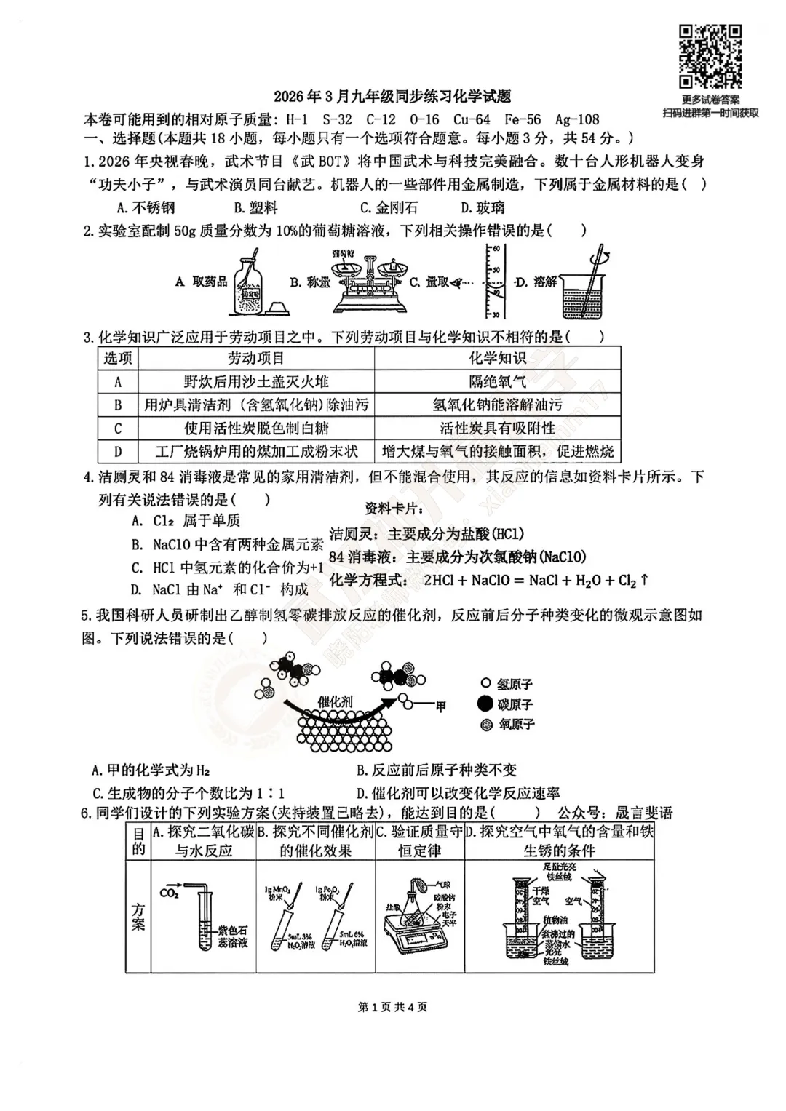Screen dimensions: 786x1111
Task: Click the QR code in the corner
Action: point(710,57)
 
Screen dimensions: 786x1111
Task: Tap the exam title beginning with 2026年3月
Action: point(392,97)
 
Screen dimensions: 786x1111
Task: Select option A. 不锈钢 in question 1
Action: point(146,207)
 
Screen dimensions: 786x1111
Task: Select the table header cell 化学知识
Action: point(497,358)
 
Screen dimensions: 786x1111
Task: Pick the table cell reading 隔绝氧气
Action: point(497,381)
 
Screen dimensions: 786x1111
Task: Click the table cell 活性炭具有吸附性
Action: point(497,428)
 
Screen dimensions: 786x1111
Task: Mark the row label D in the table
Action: point(118,451)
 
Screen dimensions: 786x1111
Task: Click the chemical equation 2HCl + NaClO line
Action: point(488,580)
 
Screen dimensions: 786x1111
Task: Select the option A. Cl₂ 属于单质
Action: point(186,520)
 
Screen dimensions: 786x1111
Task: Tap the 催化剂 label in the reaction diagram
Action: point(335,701)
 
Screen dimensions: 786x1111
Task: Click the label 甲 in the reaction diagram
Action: point(440,706)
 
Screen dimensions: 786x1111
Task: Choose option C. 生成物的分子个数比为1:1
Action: point(188,793)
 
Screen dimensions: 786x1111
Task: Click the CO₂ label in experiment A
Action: point(169,893)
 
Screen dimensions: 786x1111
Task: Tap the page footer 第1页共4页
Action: point(393,1007)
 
